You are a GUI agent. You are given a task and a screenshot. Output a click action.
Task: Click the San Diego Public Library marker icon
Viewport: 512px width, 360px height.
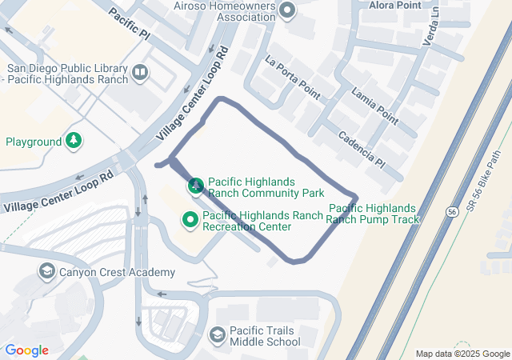[140, 74]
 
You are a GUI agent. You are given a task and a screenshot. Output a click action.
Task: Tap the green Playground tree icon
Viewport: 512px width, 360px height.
[74, 142]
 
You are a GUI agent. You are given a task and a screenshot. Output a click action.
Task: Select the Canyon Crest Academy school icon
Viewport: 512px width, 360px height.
[46, 272]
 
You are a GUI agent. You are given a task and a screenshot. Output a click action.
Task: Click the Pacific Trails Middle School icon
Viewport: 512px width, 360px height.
[216, 334]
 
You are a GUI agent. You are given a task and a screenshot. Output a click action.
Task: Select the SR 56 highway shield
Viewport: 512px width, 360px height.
[452, 212]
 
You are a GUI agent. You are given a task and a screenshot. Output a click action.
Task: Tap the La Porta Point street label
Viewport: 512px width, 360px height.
[292, 78]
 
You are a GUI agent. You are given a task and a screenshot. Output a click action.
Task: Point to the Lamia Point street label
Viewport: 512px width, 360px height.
[374, 106]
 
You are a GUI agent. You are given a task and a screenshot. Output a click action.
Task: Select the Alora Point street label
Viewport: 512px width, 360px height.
[394, 5]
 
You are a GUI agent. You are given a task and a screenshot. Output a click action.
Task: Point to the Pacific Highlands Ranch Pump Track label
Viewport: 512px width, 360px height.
[373, 214]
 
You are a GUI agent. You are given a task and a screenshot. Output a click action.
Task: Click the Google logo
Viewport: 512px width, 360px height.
[26, 350]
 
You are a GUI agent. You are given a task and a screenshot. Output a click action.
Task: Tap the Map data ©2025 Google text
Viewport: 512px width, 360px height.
[462, 354]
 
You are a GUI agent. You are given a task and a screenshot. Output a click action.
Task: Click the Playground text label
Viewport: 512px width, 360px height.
[34, 142]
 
